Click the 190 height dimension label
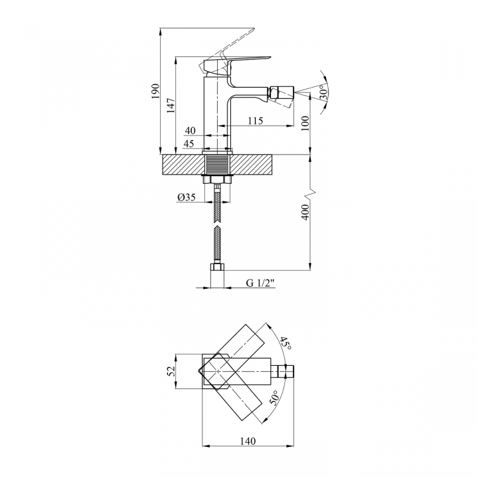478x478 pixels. (155, 90)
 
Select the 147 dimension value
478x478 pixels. (171, 105)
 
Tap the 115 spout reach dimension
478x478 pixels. (255, 121)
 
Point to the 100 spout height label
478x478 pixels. (305, 123)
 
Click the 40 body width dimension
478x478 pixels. (190, 131)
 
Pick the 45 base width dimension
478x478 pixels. (189, 143)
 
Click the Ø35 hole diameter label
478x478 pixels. (186, 197)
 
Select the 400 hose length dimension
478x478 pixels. (305, 212)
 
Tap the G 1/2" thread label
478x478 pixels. (260, 283)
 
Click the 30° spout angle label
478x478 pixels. (323, 92)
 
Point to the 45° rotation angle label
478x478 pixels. (285, 343)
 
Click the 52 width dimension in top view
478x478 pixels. (171, 370)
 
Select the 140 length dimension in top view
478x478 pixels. (248, 441)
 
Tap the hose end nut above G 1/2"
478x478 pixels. (217, 267)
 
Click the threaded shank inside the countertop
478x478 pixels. (217, 165)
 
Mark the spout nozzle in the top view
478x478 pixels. (285, 371)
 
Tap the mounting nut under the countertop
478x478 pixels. (217, 179)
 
